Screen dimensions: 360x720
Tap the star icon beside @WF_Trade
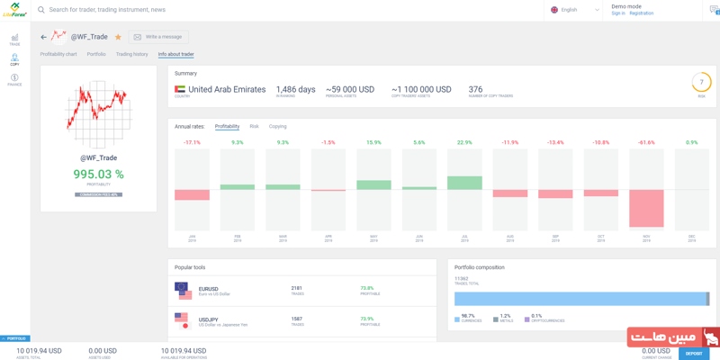[118, 37]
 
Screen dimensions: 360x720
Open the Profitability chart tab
[58, 54]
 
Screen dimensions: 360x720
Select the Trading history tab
[131, 54]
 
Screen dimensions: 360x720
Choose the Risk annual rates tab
[254, 127]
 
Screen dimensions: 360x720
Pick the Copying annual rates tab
[277, 127]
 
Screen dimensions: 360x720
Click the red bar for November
[646, 208]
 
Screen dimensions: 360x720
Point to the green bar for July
[464, 183]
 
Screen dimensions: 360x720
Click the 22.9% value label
[464, 142]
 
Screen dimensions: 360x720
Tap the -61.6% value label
[646, 142]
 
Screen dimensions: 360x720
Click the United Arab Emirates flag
[180, 90]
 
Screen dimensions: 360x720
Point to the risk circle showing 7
[701, 83]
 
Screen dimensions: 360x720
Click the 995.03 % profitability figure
[98, 175]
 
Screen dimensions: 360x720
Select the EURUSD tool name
[209, 289]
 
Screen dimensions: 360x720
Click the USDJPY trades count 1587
[297, 319]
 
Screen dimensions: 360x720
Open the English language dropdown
[574, 10]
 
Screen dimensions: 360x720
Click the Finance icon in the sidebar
[14, 79]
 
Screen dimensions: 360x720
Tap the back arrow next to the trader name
[43, 37]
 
